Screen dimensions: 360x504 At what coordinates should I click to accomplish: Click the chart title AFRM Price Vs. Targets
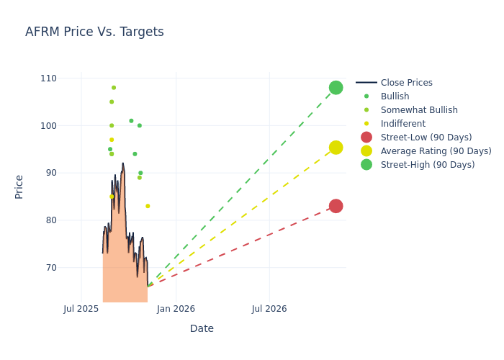[94, 32]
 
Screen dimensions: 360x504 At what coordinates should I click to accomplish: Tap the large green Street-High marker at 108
[336, 88]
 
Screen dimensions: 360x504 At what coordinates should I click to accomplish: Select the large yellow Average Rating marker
[336, 148]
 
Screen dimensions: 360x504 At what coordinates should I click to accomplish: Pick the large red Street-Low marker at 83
[336, 206]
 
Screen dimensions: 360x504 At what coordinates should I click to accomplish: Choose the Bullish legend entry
[395, 96]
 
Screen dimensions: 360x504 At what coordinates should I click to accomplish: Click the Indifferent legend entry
[402, 124]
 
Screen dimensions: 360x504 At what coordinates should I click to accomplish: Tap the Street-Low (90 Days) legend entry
[426, 138]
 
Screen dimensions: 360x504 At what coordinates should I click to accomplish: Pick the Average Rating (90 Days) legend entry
[436, 151]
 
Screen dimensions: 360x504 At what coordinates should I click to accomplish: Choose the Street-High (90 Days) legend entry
[428, 165]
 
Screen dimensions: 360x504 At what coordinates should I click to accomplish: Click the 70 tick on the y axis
[70, 268]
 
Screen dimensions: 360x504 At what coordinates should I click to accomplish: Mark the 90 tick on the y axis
[70, 173]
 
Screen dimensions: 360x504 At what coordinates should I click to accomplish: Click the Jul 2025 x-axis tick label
[81, 309]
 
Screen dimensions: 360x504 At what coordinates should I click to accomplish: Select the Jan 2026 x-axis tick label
[176, 309]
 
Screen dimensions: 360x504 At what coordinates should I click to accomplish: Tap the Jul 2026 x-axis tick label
[269, 309]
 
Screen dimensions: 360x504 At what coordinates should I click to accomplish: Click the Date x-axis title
[202, 328]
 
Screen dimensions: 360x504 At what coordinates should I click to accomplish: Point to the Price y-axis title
[19, 186]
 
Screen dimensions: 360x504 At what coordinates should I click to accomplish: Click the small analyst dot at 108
[114, 88]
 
